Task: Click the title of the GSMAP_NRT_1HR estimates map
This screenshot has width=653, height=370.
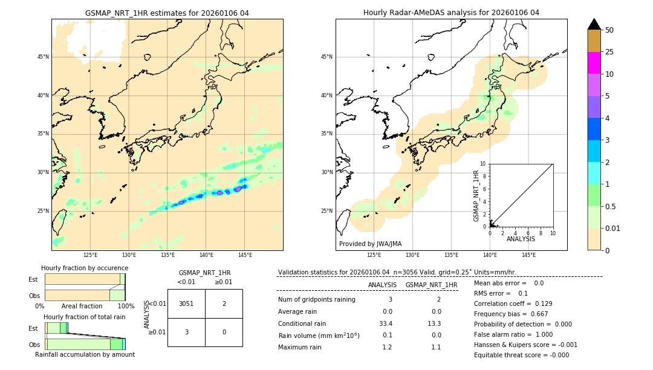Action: (167, 13)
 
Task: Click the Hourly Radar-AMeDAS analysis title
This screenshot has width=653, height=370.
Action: (451, 13)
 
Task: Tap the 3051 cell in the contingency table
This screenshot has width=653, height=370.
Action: (186, 304)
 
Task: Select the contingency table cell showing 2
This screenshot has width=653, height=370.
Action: (224, 304)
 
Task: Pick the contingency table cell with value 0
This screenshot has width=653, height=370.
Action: (224, 332)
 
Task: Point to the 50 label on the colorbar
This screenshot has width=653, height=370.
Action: (609, 30)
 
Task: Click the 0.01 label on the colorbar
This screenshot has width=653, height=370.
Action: (613, 228)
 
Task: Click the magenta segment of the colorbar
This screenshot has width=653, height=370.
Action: (594, 63)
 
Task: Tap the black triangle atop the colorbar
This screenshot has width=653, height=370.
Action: (594, 24)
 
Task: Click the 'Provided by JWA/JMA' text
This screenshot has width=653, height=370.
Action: (370, 244)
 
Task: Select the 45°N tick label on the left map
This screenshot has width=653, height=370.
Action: (43, 57)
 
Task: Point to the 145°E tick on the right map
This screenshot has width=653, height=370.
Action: (528, 255)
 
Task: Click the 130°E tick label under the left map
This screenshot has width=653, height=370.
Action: (129, 255)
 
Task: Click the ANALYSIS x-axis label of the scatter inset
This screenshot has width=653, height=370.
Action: (521, 239)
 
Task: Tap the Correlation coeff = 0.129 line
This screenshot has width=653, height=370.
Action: (513, 303)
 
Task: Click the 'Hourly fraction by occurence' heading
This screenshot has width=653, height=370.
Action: (85, 268)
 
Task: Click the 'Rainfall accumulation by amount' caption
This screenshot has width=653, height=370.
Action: (85, 354)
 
